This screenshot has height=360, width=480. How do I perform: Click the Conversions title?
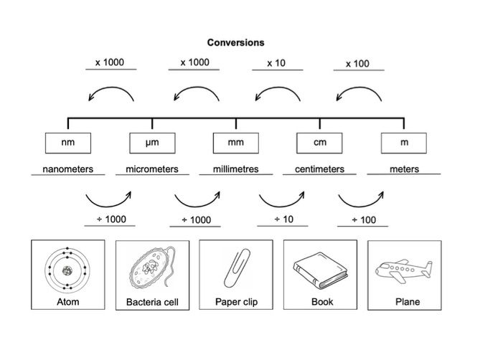click(x=236, y=42)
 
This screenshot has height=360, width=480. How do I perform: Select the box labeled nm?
click(x=68, y=143)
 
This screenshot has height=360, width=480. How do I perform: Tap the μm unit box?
click(x=151, y=143)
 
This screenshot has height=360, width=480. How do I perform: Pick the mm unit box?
click(x=235, y=143)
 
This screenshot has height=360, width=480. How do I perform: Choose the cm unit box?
click(x=319, y=143)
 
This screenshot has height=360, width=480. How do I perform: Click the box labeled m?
click(x=404, y=143)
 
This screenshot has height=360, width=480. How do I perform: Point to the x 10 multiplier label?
click(x=276, y=63)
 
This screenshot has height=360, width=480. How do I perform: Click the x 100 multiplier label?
click(x=357, y=64)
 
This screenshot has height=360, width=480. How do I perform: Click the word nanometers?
click(x=68, y=170)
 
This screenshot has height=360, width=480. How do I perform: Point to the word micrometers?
click(x=152, y=170)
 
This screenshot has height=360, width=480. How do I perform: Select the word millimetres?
click(x=236, y=170)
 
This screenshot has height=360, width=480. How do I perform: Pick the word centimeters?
click(x=319, y=170)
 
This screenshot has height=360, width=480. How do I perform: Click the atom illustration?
click(x=68, y=270)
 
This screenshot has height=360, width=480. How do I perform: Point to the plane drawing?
click(x=404, y=270)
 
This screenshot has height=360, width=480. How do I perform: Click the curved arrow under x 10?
click(x=276, y=93)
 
